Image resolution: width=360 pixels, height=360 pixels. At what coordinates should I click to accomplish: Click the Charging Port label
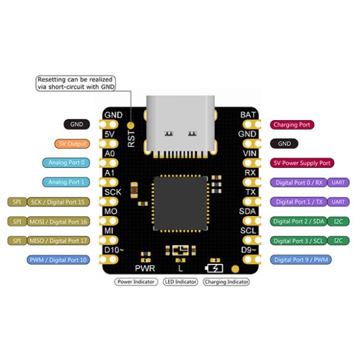pos(292,125)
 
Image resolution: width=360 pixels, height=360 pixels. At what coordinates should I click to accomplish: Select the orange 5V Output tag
pos(72,144)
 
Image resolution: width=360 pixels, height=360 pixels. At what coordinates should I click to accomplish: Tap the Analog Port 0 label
pos(66,162)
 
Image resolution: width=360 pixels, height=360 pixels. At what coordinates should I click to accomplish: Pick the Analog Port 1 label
pos(66,182)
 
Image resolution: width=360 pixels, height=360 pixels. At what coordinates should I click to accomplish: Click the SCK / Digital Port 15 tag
pos(58,202)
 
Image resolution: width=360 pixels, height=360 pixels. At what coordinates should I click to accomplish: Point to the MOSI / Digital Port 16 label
pos(58,222)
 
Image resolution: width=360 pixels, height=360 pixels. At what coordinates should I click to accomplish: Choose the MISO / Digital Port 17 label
pos(58,241)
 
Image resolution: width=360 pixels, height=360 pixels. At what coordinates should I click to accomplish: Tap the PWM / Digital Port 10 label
pos(58,260)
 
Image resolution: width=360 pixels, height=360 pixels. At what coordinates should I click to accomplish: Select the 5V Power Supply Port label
pos(302,163)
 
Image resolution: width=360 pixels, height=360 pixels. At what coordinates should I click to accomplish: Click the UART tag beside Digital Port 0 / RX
pos(338,183)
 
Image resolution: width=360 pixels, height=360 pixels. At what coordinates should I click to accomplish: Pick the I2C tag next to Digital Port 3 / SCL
pos(338,241)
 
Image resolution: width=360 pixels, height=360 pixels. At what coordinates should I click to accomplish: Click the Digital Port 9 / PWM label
pos(301,260)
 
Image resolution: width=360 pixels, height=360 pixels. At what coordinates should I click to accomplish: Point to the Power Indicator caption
pos(136,282)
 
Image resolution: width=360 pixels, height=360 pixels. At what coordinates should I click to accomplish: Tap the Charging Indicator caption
pos(226,282)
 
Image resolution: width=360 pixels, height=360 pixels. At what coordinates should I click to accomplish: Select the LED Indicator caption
pos(180,282)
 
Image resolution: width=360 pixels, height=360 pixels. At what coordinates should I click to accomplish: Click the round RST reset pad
pos(130,126)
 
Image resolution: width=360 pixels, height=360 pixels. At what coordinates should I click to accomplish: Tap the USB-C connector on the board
pos(180,127)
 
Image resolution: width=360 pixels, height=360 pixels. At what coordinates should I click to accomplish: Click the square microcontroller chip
pos(180,204)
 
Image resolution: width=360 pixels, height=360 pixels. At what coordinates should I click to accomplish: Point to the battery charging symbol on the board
pos(214,268)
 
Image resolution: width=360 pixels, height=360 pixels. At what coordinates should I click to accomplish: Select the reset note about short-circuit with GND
pos(76,83)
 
